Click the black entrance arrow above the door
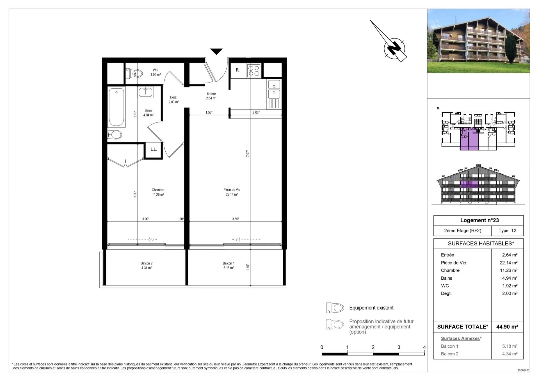(x=216, y=51)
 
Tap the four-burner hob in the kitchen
(x=254, y=71)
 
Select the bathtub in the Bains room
(x=116, y=107)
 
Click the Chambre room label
(x=158, y=190)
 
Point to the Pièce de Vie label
(x=232, y=190)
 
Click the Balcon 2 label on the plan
(x=147, y=263)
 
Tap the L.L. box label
(x=154, y=149)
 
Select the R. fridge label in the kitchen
(x=237, y=70)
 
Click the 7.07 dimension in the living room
(x=248, y=153)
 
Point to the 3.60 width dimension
(x=236, y=219)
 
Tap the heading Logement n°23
(x=479, y=220)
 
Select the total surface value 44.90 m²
(x=507, y=327)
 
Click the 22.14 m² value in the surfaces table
(x=508, y=263)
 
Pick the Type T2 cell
(x=507, y=231)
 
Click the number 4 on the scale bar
(x=424, y=347)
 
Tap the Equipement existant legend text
(x=371, y=308)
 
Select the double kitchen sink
(x=274, y=89)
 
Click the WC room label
(x=155, y=70)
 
